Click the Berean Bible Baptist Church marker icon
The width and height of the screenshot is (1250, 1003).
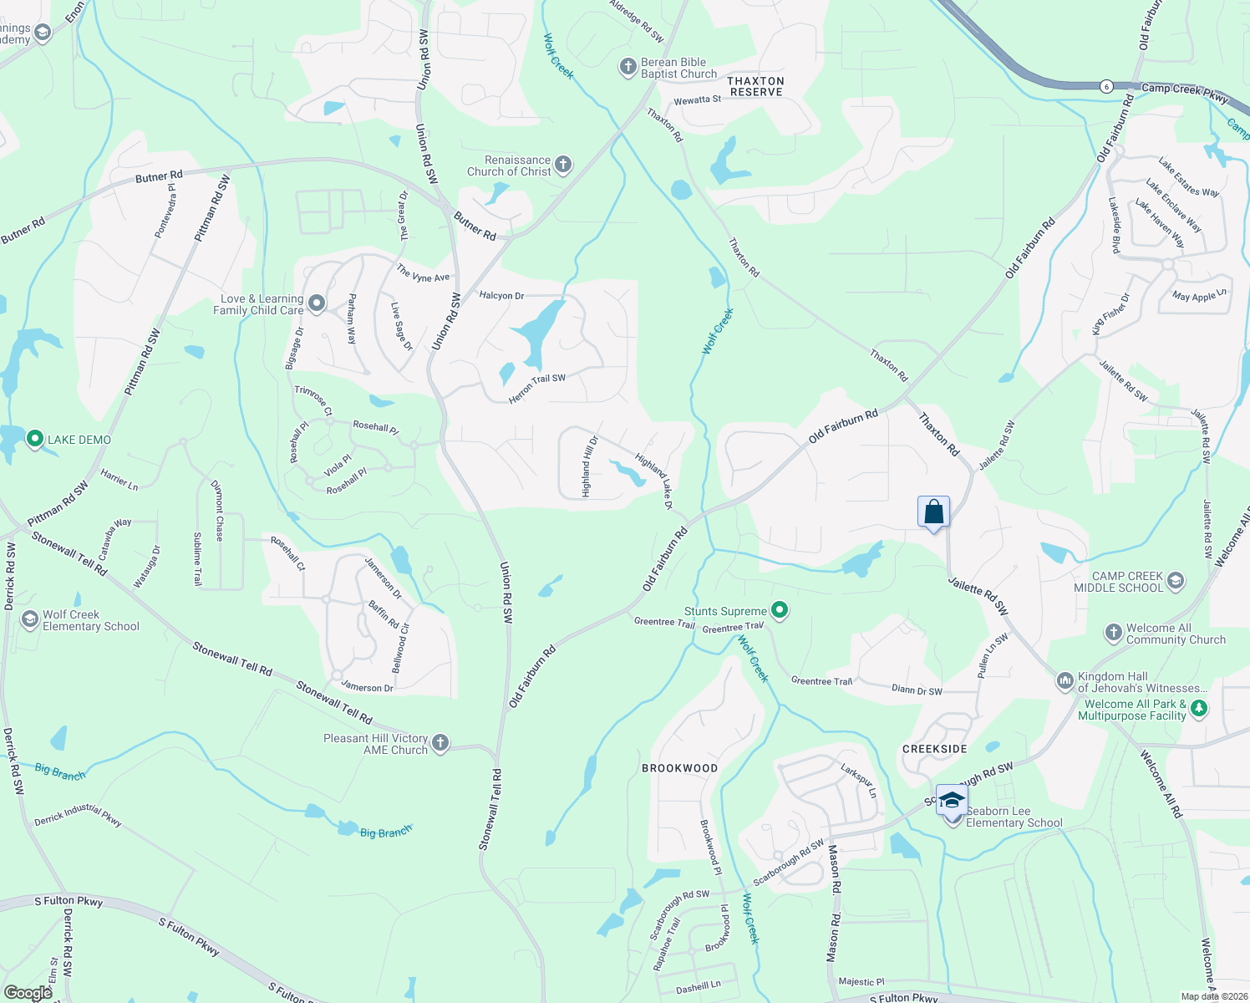point(628,68)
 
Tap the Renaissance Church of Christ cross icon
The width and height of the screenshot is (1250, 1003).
point(563,165)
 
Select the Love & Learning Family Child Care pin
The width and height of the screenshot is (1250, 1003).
point(317,303)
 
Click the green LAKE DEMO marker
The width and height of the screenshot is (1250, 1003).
point(35,439)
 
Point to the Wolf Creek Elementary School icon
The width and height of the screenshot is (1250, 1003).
point(30,619)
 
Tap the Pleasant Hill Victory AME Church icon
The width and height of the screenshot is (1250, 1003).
point(440,743)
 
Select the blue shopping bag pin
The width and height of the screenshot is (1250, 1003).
point(933,512)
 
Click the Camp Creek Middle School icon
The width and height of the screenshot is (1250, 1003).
point(1176,581)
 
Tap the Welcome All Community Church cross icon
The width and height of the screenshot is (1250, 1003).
point(1113,633)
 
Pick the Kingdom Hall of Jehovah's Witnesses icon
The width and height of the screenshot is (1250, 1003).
point(1065,681)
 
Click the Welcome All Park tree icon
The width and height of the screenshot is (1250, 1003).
point(1199,709)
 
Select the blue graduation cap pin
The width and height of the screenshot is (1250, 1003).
point(952,801)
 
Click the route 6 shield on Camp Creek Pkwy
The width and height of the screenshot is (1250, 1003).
point(1106,86)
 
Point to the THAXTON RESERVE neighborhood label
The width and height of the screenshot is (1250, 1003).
point(756,86)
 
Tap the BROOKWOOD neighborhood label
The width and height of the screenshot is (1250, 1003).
point(679,768)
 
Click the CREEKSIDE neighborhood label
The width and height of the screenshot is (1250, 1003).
point(935,749)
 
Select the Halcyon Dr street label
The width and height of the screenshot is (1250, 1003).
point(501,296)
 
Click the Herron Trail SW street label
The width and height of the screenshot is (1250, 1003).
point(537,389)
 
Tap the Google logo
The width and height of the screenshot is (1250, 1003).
point(28,992)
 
